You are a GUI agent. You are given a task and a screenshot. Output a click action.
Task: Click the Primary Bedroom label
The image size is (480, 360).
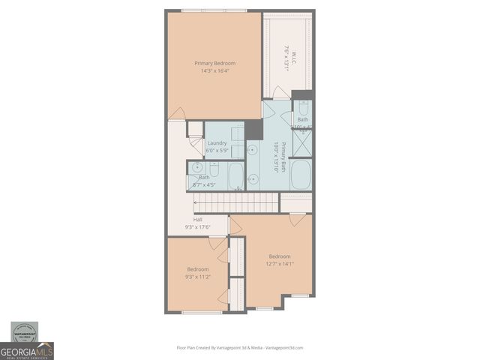point(214,64)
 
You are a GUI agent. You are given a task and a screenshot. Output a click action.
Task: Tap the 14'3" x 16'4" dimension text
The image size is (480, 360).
point(214,71)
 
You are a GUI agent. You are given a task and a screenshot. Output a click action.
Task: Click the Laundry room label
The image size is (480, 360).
point(217,143)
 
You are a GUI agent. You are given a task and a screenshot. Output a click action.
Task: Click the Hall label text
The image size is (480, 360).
point(197,220)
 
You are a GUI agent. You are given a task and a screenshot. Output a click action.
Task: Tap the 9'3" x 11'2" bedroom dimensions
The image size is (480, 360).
point(198,277)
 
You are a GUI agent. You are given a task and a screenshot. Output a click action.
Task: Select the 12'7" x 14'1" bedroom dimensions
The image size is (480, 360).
point(280,263)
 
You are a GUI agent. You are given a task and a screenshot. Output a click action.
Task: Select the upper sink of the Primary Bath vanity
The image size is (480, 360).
point(253,150)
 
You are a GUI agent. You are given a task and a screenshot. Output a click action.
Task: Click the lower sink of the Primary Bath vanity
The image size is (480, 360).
point(253,178)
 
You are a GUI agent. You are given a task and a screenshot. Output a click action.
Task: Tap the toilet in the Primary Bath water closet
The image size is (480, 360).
point(302,107)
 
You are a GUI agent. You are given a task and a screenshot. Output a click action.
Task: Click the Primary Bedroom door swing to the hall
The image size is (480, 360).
point(178,114)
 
